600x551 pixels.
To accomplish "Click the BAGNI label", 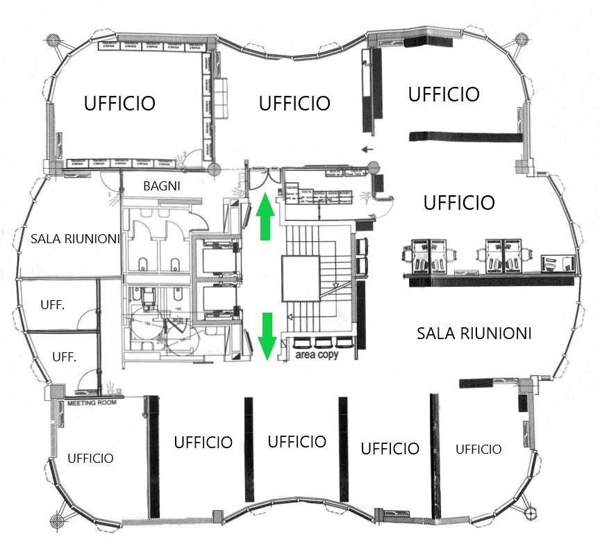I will [162, 186].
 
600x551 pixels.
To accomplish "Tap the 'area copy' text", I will [315, 354].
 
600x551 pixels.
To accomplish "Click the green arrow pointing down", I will [267, 336].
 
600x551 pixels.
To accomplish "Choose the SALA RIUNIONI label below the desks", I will [474, 334].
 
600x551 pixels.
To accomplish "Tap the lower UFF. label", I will [64, 357].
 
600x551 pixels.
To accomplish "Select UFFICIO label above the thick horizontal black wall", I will [444, 94].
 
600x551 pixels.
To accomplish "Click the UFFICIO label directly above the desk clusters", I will [459, 203].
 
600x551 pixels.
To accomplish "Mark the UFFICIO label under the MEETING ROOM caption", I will [90, 458].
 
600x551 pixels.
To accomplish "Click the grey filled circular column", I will [374, 167].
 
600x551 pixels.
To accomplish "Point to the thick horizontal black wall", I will [465, 135].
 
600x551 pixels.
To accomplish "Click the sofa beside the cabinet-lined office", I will [222, 96].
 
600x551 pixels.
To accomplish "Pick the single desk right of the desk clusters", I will [558, 261].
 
